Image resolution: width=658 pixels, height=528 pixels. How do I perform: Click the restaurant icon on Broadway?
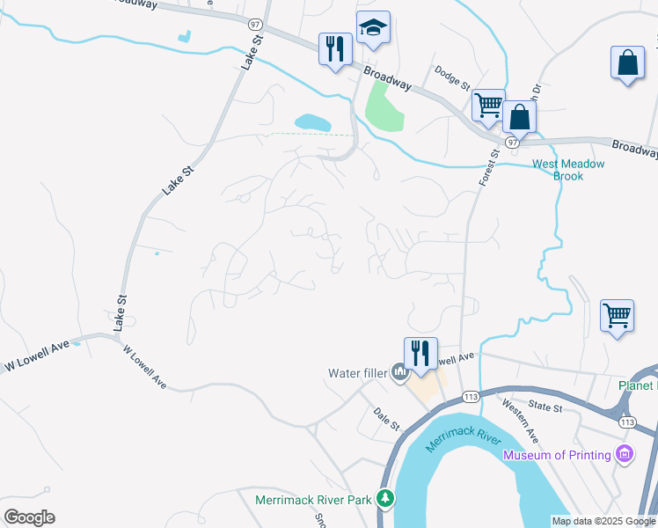click(x=335, y=49)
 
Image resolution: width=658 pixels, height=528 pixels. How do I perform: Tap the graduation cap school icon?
click(x=373, y=29)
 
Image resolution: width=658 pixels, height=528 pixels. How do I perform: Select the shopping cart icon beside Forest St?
click(x=488, y=106)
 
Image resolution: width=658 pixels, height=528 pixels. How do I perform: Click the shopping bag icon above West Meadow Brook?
click(x=520, y=117)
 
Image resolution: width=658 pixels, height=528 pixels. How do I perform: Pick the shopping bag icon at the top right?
click(x=628, y=63)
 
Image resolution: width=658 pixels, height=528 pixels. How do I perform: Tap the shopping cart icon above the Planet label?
click(x=618, y=315)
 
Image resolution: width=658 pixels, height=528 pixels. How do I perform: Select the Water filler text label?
click(x=357, y=373)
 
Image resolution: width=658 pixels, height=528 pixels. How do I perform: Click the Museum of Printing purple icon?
click(x=625, y=455)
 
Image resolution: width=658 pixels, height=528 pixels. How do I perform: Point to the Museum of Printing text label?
click(x=556, y=455)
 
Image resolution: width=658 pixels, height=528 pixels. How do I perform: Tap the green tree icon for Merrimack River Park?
click(x=384, y=499)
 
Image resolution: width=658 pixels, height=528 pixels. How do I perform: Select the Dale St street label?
click(x=386, y=418)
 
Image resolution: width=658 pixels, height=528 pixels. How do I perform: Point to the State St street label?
click(x=545, y=407)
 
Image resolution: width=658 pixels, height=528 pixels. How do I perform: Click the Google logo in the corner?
click(x=29, y=517)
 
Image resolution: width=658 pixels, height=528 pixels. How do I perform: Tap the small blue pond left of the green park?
click(x=312, y=122)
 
